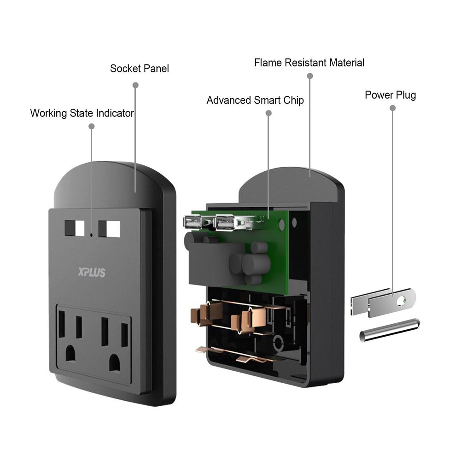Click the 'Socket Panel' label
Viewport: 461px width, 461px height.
140,69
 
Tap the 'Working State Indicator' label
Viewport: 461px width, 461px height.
82,113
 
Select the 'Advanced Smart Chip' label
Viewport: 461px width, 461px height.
255,100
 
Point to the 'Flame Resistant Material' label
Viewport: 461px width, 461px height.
309,63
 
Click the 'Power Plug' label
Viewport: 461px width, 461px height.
390,95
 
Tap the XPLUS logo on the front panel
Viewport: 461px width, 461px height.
92,273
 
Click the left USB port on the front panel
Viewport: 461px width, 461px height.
74,228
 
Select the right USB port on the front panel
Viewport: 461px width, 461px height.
109,228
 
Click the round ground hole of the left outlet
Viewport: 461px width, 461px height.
70,354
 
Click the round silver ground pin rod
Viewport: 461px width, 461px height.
389,330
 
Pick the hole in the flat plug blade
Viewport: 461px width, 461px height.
402,302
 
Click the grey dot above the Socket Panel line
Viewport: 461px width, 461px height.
135,85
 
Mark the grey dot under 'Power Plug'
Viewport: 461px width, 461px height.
392,108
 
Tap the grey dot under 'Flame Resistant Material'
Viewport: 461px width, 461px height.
310,76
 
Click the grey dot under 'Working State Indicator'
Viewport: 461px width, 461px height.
91,125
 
